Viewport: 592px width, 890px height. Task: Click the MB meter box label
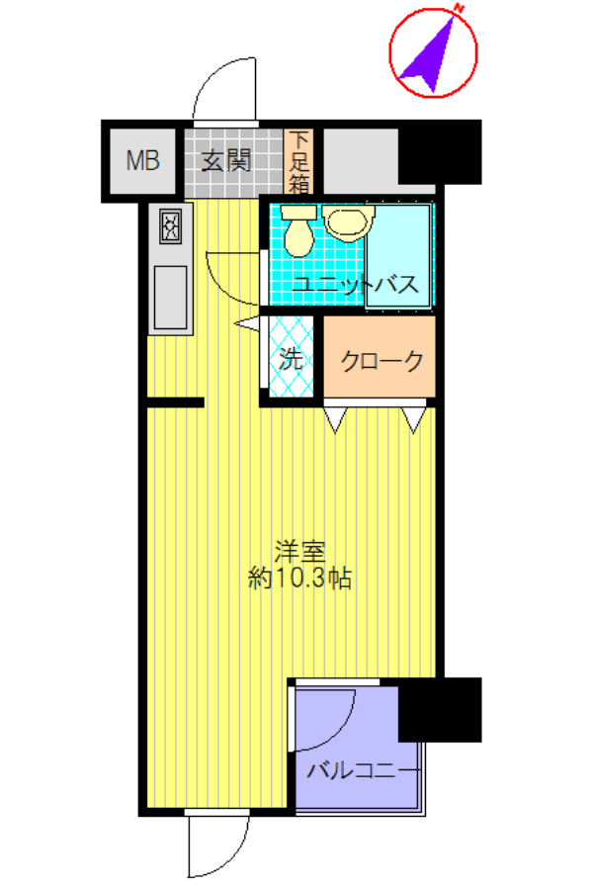point(142,160)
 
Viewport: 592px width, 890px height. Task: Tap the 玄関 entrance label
point(226,161)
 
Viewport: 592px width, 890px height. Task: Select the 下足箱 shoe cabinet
point(298,162)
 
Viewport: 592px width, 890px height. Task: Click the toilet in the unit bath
point(298,230)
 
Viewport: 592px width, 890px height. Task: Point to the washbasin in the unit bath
point(348,222)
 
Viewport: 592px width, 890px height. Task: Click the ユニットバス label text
point(356,284)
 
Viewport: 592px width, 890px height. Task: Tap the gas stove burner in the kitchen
point(171,226)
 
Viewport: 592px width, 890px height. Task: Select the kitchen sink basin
point(170,298)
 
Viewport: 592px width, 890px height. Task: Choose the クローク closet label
point(381,360)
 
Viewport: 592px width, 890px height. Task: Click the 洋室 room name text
point(299,552)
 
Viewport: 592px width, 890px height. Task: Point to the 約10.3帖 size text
point(299,578)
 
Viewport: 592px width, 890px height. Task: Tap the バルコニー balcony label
point(364,770)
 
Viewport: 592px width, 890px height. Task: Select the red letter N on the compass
point(460,9)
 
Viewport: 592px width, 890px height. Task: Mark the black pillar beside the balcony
point(440,709)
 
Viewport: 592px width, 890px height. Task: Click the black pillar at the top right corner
point(440,152)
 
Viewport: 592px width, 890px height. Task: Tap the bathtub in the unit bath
point(398,256)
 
